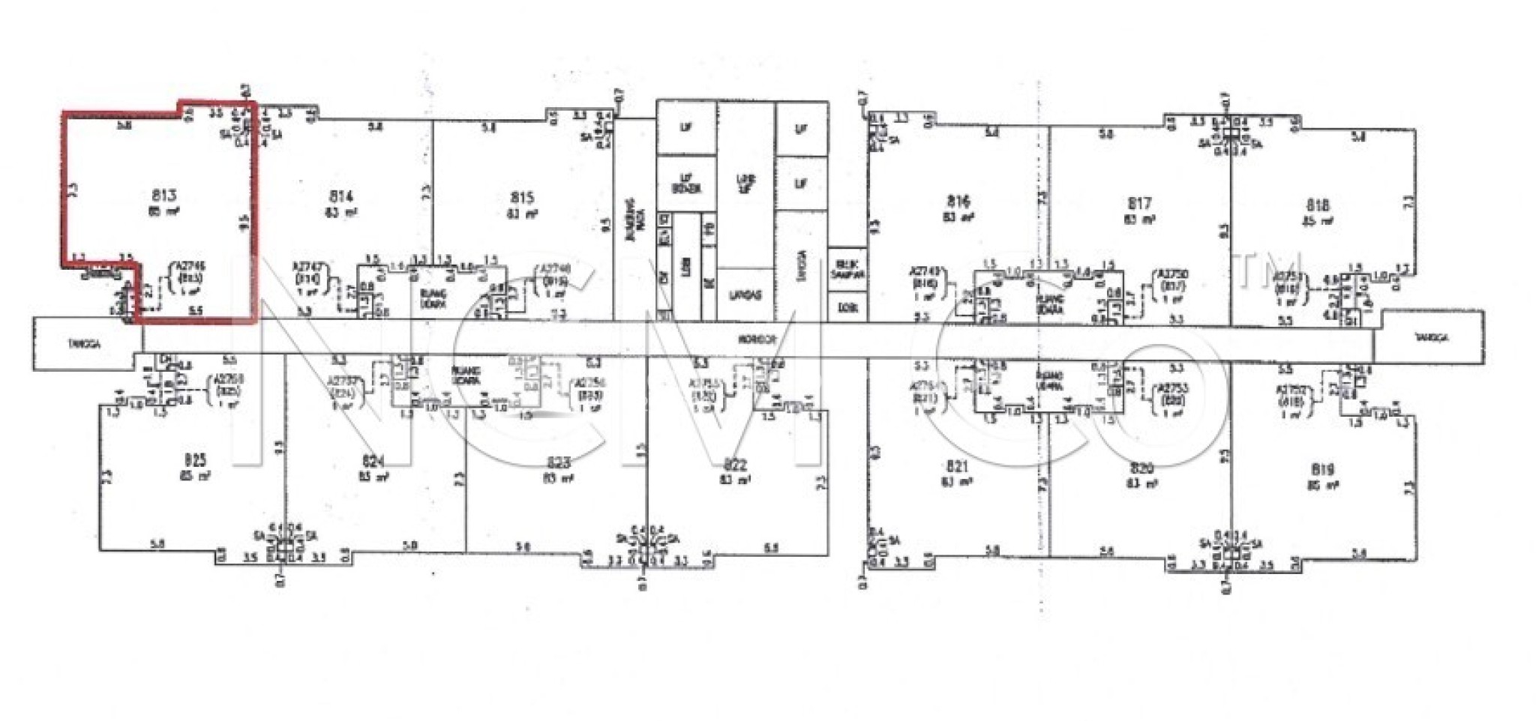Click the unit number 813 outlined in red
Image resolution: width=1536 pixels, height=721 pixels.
click(x=164, y=196)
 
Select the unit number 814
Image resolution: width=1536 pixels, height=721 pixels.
click(x=341, y=196)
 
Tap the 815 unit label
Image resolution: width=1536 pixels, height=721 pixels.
click(x=522, y=198)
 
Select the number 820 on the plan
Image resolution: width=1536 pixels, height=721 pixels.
click(x=1141, y=468)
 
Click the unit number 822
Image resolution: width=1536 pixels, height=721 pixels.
click(x=735, y=463)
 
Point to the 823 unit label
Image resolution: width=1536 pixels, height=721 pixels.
click(x=559, y=462)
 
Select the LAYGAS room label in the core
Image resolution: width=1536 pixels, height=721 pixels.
click(x=745, y=295)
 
